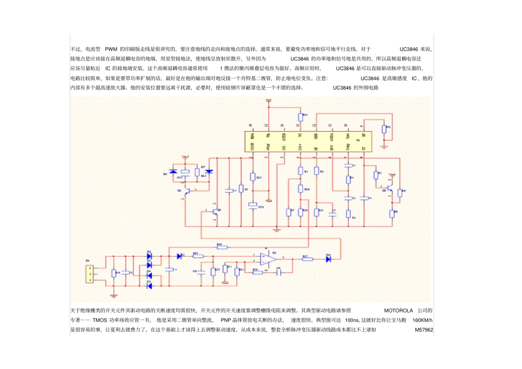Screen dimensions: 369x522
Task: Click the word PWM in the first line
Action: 111,49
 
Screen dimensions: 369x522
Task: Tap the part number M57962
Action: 424,330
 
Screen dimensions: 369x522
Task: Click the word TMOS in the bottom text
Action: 99,320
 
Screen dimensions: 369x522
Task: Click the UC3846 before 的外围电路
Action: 342,88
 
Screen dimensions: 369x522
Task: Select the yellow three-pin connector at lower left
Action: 89,273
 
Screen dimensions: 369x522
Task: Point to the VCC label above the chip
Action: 268,101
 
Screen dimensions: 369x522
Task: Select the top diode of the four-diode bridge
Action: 149,254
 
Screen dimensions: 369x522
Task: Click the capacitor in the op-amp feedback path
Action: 278,271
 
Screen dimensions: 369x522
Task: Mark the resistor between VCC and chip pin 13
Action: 300,116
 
